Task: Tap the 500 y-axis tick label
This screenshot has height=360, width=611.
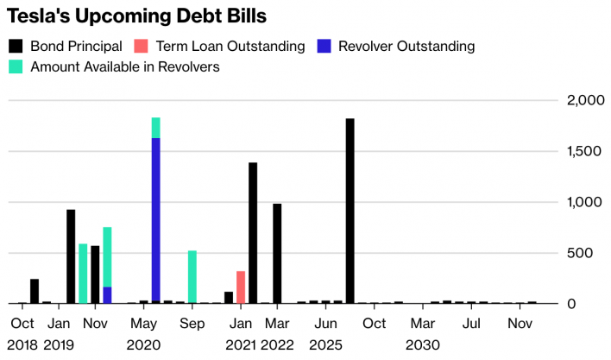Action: click(587, 253)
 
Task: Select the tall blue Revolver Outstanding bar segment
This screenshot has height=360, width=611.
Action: click(155, 220)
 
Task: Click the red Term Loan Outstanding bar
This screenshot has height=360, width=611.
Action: click(241, 287)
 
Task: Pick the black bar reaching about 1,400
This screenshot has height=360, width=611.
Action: click(253, 233)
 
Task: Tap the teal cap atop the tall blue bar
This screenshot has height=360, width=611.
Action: click(155, 128)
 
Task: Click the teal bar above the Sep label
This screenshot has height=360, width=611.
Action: click(192, 276)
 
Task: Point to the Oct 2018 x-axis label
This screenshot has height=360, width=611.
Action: click(22, 334)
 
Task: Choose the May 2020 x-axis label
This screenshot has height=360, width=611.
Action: click(143, 334)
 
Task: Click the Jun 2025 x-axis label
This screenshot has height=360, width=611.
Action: click(325, 334)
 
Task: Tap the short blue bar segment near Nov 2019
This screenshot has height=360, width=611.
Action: click(107, 294)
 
